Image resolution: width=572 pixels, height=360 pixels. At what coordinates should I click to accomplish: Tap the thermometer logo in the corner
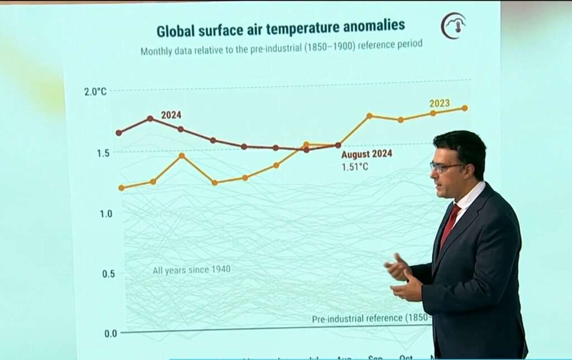click(453, 26)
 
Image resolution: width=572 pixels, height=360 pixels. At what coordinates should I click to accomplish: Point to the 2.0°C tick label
click(95, 91)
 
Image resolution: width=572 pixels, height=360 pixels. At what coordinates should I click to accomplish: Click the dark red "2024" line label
click(171, 115)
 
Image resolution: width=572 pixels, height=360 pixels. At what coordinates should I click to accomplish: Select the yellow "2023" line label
click(440, 103)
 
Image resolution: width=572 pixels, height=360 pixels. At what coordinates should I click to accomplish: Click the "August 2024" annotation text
click(366, 154)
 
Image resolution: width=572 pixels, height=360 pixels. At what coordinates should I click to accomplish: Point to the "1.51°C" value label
click(355, 166)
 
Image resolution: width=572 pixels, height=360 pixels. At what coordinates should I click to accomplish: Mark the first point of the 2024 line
click(118, 132)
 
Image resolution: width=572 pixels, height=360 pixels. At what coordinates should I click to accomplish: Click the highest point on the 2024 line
click(150, 119)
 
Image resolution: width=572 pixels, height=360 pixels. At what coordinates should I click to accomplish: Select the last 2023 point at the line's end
click(465, 108)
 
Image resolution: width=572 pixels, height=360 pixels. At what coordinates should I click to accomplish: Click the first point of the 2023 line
click(121, 188)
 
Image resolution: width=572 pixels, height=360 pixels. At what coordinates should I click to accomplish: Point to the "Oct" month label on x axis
click(406, 357)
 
